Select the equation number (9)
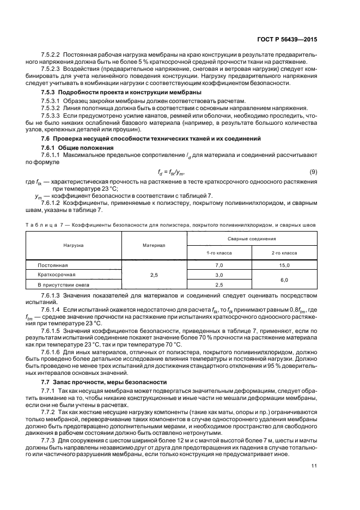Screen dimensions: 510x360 click(313, 172)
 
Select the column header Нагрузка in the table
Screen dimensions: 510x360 click(74, 246)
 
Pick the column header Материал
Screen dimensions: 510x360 click(154, 246)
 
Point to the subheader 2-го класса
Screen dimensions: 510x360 click(284, 253)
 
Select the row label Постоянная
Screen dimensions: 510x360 click(52, 265)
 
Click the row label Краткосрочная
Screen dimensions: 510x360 click(56, 275)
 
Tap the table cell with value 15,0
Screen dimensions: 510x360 click(284, 265)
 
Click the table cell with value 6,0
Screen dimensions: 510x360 click(284, 280)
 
